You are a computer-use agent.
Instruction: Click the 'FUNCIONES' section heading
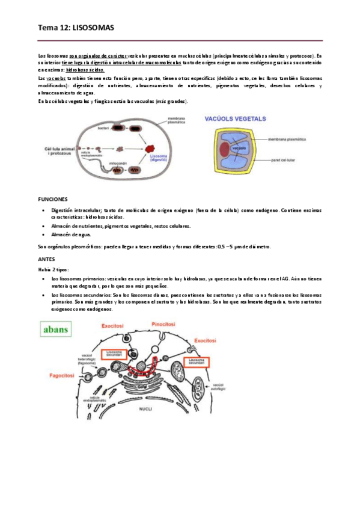coord(53,198)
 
